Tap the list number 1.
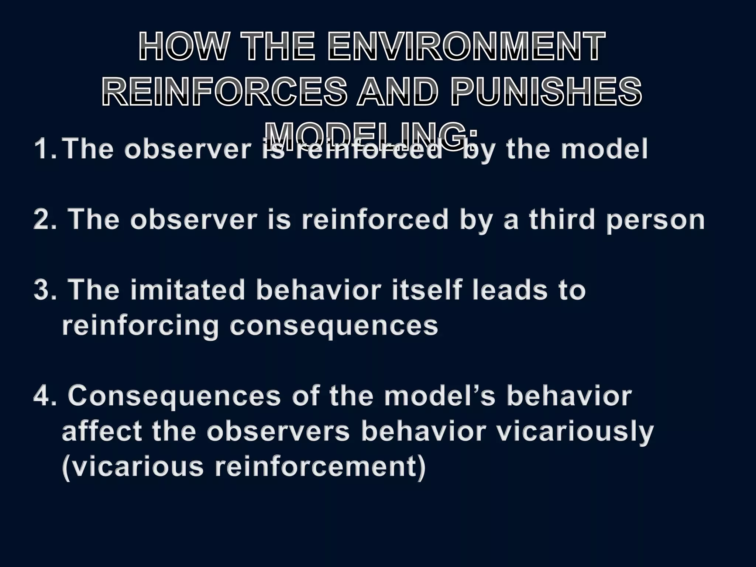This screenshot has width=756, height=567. pyautogui.click(x=45, y=150)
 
